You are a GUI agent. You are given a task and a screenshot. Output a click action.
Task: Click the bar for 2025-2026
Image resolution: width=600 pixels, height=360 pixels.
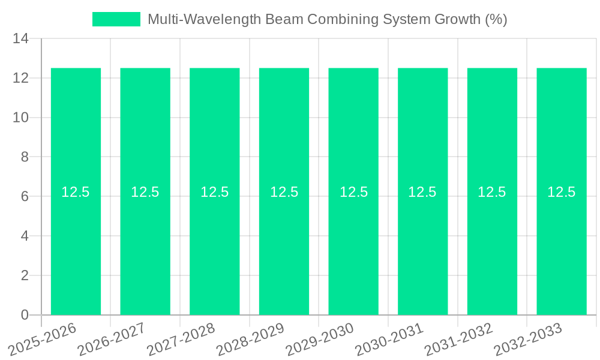pyautogui.click(x=76, y=252)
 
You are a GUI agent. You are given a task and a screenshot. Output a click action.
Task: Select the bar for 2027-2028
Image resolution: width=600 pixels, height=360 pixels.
pyautogui.click(x=215, y=252)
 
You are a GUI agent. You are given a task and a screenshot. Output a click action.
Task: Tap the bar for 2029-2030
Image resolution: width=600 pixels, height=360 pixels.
pyautogui.click(x=353, y=252)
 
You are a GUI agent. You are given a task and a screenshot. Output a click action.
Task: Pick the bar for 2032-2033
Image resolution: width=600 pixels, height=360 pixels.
pyautogui.click(x=562, y=252)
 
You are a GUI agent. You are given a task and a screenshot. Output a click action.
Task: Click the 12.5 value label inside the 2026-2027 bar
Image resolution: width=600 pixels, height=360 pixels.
pyautogui.click(x=145, y=192)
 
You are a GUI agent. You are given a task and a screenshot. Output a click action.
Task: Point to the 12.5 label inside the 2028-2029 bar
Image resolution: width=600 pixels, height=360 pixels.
pyautogui.click(x=284, y=192)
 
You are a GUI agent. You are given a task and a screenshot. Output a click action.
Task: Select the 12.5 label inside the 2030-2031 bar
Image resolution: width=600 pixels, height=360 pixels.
pyautogui.click(x=422, y=192)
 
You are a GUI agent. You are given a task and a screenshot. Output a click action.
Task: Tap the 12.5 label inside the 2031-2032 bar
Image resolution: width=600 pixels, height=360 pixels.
pyautogui.click(x=492, y=192)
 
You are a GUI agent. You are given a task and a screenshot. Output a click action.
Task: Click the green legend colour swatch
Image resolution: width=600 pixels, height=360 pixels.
pyautogui.click(x=116, y=19)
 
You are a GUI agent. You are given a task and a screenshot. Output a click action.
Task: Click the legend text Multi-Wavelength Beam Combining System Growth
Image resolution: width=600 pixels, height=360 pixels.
pyautogui.click(x=327, y=19)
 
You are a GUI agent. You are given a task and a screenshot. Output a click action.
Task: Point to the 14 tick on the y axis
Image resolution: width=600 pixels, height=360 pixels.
pyautogui.click(x=20, y=39)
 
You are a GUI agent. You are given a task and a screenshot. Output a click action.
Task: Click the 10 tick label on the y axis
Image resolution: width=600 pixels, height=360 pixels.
pyautogui.click(x=20, y=118)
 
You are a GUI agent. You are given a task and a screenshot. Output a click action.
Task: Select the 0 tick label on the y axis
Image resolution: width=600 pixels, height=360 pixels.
pyautogui.click(x=25, y=315)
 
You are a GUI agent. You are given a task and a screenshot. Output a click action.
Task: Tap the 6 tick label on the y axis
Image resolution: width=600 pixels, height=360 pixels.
pyautogui.click(x=25, y=197)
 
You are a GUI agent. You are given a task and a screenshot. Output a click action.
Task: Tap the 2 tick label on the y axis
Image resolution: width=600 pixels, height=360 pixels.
pyautogui.click(x=25, y=275)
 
